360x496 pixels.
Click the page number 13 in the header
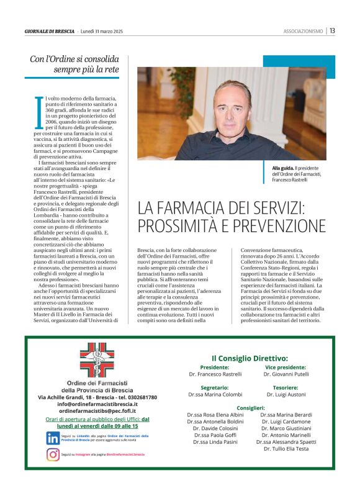click(x=333, y=30)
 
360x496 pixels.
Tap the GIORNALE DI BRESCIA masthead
click(x=50, y=31)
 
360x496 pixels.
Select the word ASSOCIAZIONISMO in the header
click(x=304, y=31)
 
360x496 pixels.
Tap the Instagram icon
click(x=53, y=454)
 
